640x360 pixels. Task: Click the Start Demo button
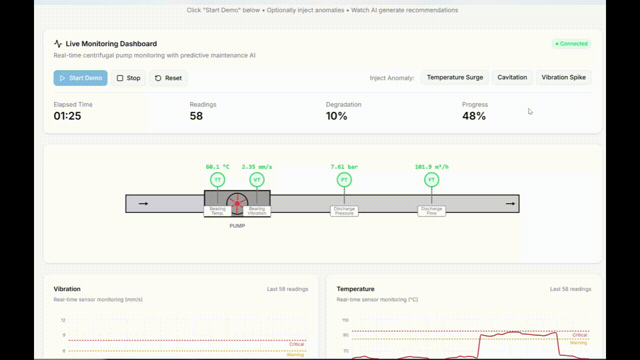click(x=80, y=78)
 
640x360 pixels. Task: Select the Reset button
click(x=168, y=78)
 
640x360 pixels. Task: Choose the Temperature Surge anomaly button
click(x=454, y=77)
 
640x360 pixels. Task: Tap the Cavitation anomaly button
click(x=512, y=77)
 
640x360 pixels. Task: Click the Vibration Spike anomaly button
click(x=563, y=77)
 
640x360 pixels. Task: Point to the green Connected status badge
click(x=571, y=43)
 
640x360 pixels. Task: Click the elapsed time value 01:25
click(x=67, y=116)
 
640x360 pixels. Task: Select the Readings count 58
click(x=196, y=116)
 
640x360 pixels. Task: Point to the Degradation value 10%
click(x=336, y=116)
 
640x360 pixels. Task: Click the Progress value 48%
click(x=473, y=116)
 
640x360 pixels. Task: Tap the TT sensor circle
click(x=217, y=180)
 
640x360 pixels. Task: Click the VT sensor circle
click(x=257, y=180)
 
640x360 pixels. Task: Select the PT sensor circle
click(x=344, y=180)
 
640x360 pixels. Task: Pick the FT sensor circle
click(x=431, y=180)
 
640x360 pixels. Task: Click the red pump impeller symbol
click(x=237, y=203)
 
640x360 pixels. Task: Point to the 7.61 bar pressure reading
click(x=344, y=167)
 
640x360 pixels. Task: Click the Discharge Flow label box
click(x=431, y=211)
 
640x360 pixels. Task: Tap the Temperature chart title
click(x=355, y=289)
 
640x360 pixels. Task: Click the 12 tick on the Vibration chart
click(x=63, y=320)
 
